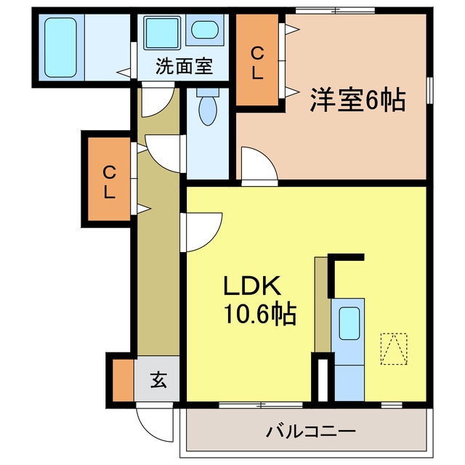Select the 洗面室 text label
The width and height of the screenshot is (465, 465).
pyautogui.click(x=185, y=66)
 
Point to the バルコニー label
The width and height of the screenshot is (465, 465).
pyautogui.click(x=310, y=432)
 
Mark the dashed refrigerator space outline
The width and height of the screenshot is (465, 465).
pyautogui.click(x=393, y=349)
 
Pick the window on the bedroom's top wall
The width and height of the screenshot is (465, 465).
pyautogui.click(x=335, y=9)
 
